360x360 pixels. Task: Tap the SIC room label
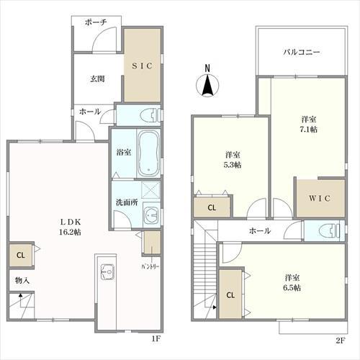pos(142,66)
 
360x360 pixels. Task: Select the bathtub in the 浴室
pos(149,153)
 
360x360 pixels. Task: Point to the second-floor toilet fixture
pos(329,230)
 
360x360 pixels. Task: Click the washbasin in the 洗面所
pos(152,215)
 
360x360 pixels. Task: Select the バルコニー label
pos(302,52)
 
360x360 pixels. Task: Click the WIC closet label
pos(320,199)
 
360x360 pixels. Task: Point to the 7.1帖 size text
pos(309,130)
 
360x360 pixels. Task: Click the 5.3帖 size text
pos(233,165)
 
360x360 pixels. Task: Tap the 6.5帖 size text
pos(292,287)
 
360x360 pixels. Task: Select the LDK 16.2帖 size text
pos(70,232)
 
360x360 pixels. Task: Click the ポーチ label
pos(96,22)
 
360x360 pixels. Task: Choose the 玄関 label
pos(97,78)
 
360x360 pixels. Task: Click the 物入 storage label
pos(22,280)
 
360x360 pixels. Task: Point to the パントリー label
pos(150,266)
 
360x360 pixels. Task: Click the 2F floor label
pos(340,341)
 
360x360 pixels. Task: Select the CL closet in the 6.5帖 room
pos(230,294)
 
